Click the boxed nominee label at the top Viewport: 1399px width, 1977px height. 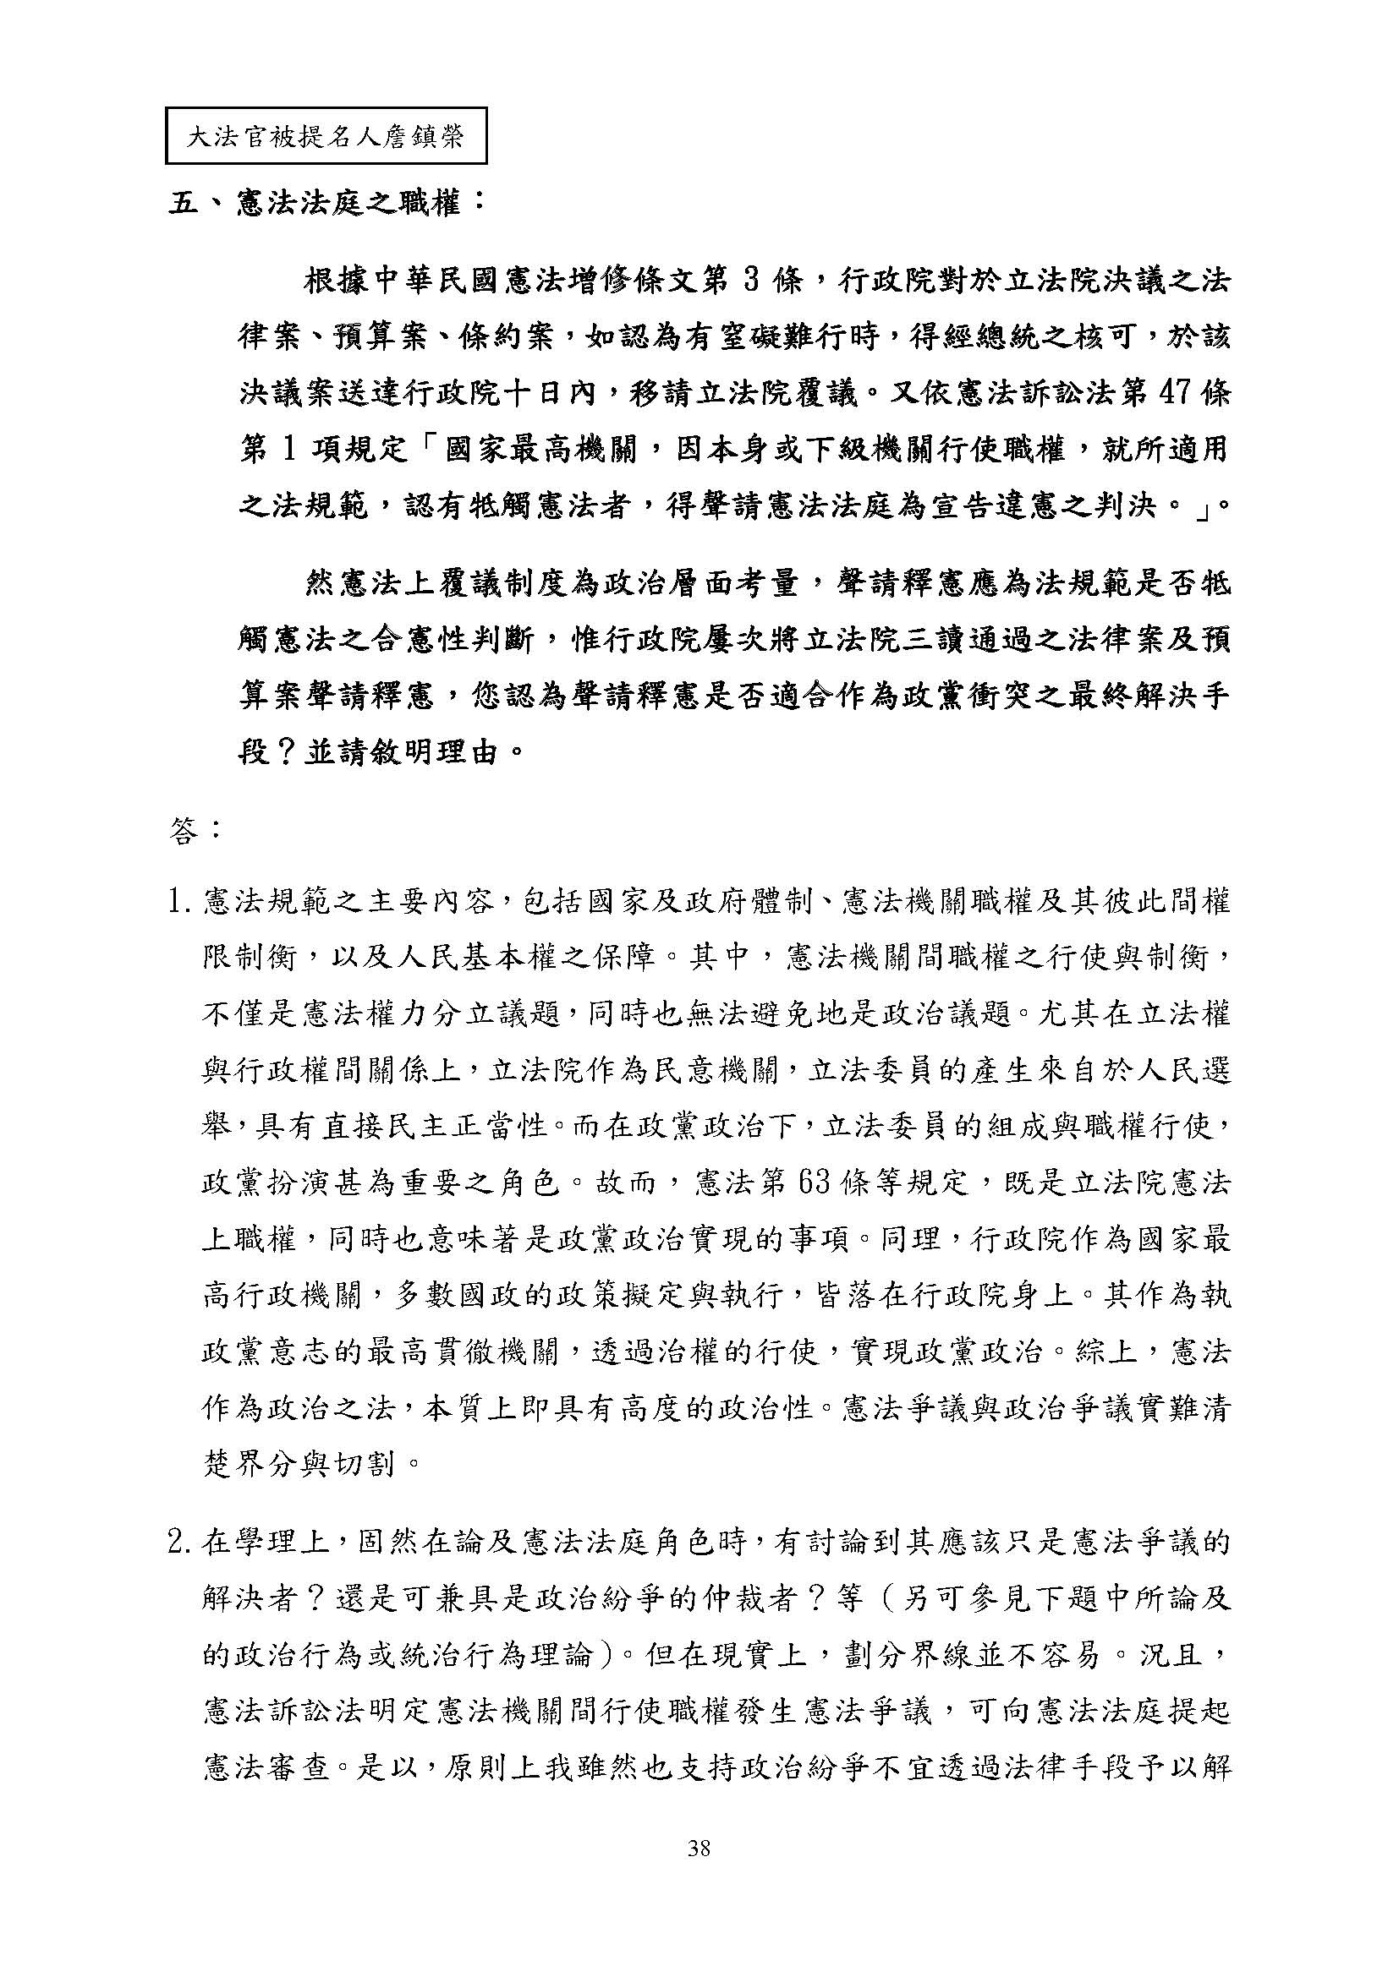(x=326, y=136)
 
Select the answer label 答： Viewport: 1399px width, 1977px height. (x=193, y=831)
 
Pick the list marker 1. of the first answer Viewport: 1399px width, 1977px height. (x=183, y=903)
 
